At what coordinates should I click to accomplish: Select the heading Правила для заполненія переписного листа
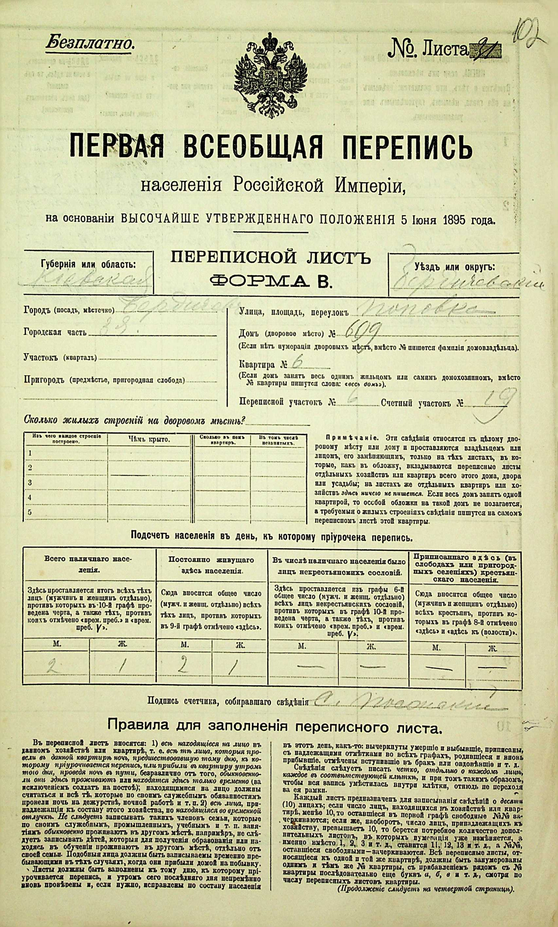click(x=273, y=728)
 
